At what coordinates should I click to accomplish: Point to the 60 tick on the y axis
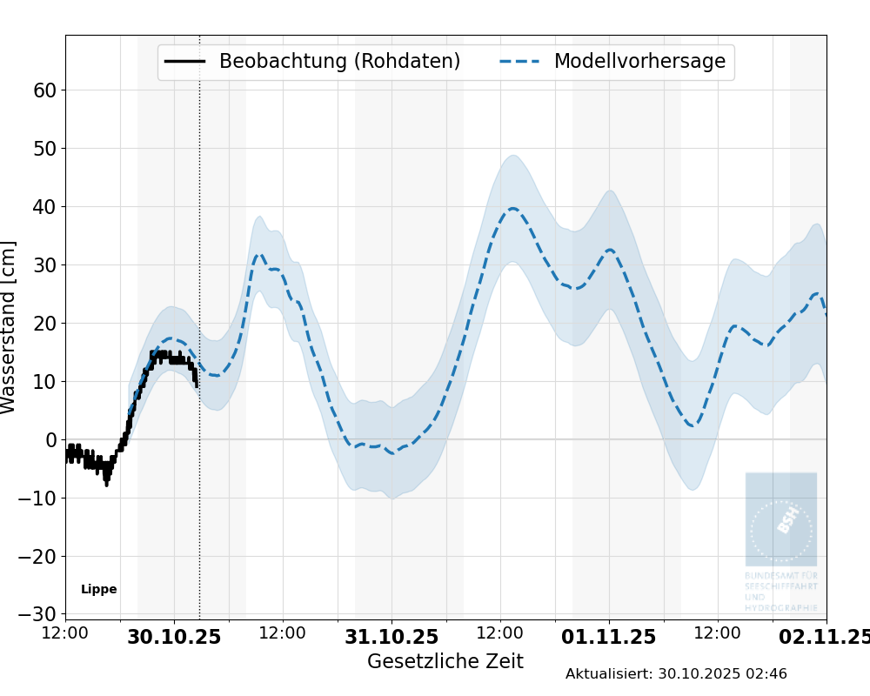(x=45, y=90)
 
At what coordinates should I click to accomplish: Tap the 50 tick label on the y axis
(x=45, y=149)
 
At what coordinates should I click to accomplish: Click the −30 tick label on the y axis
(x=39, y=614)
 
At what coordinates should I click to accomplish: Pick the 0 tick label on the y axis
(x=51, y=440)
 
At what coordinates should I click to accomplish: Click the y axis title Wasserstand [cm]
(x=10, y=327)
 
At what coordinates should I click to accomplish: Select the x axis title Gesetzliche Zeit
(x=445, y=661)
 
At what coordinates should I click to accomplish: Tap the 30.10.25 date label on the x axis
(x=174, y=637)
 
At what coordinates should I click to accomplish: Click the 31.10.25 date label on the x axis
(x=391, y=637)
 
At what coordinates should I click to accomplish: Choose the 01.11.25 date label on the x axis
(x=609, y=637)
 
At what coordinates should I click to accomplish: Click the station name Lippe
(x=99, y=589)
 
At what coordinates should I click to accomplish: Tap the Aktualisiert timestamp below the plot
(x=676, y=674)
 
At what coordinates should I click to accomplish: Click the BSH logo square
(x=781, y=519)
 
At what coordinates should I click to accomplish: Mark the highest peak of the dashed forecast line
(x=513, y=209)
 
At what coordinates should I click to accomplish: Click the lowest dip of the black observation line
(x=107, y=483)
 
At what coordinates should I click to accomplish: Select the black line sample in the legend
(x=184, y=62)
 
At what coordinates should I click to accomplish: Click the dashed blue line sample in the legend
(x=520, y=62)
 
